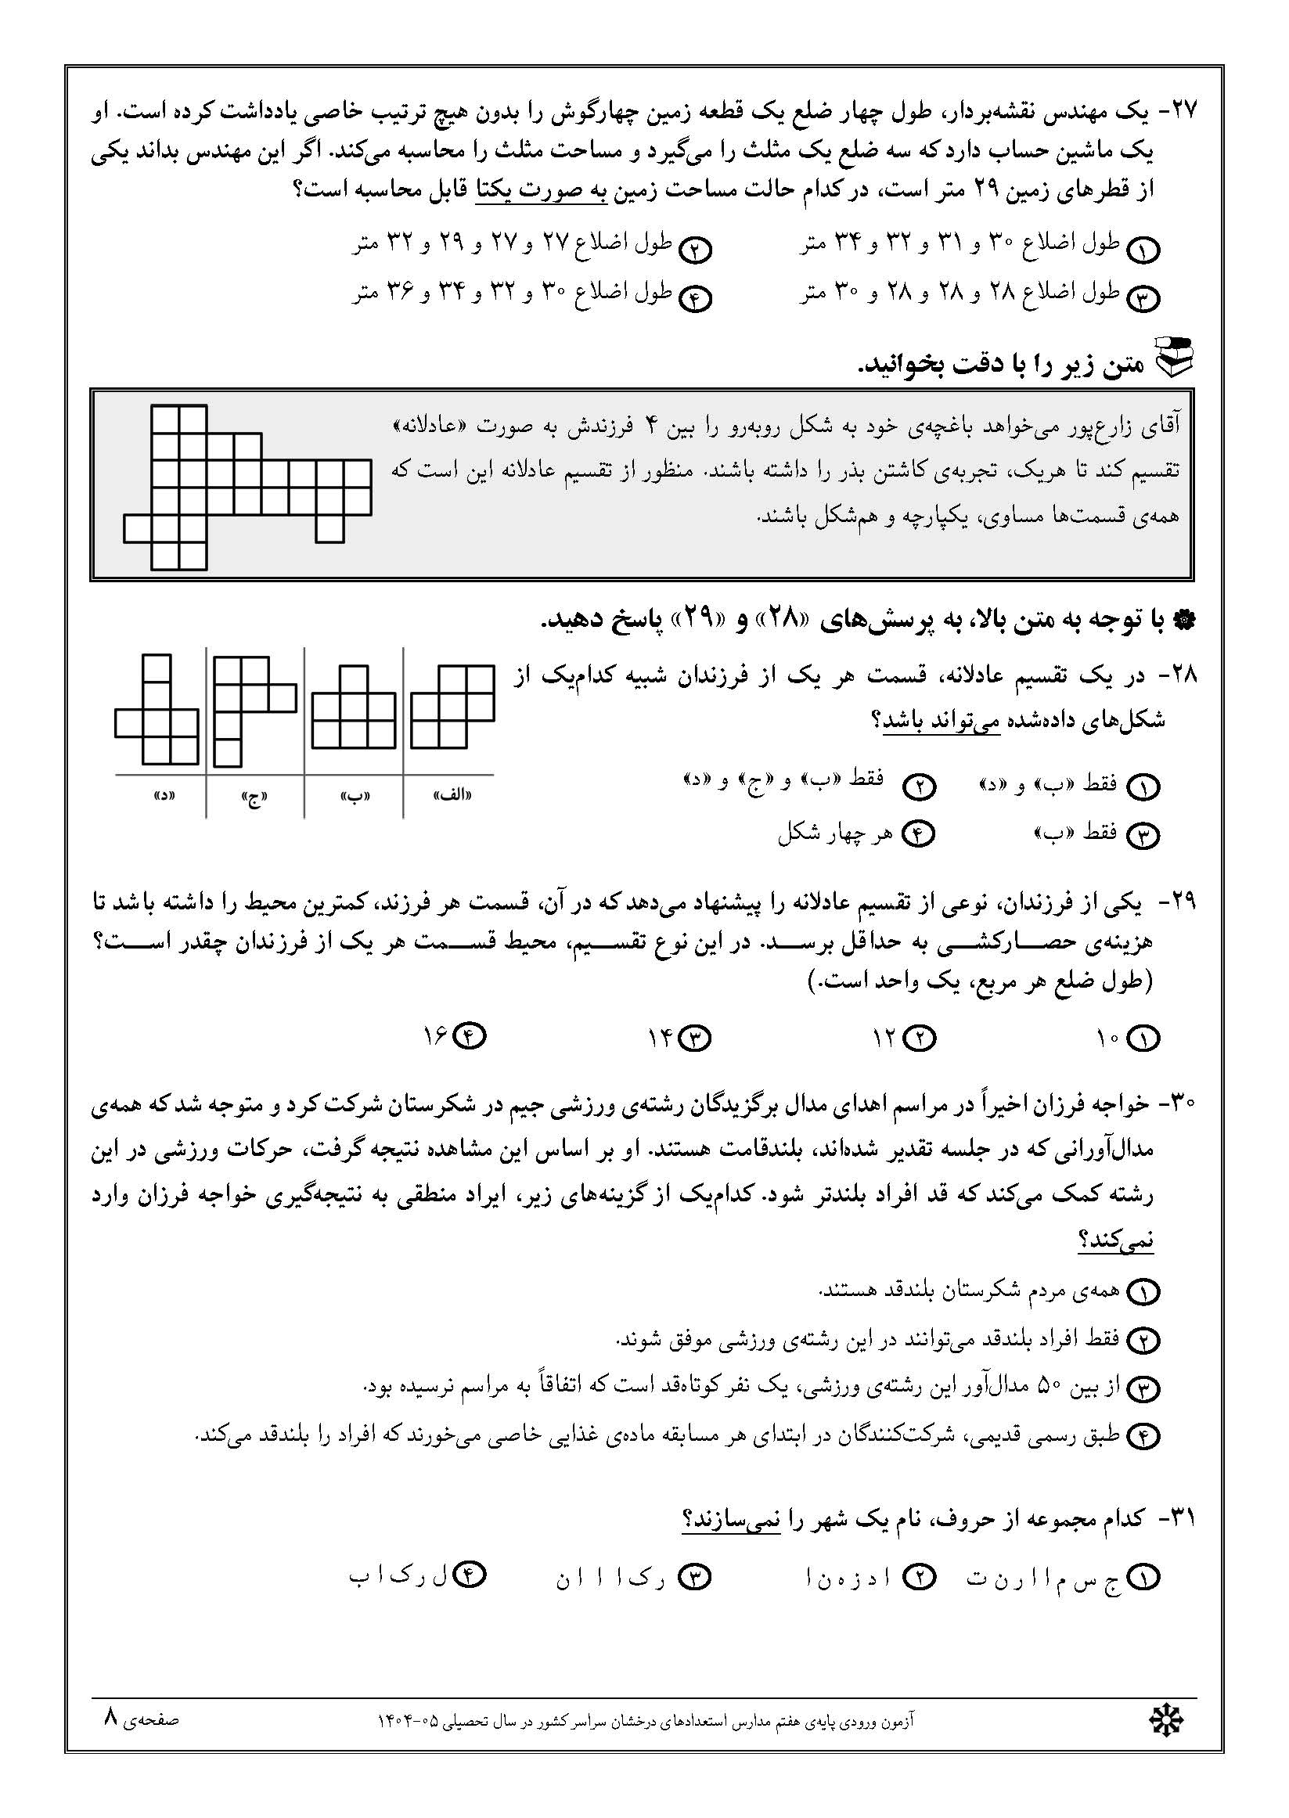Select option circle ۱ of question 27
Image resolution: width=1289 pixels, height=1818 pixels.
1143,250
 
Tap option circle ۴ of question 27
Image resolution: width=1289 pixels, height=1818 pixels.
697,299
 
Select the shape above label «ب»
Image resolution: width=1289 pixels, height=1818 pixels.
354,707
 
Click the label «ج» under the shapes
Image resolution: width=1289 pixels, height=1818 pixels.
254,797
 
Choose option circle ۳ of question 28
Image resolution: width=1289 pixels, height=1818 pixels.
1143,835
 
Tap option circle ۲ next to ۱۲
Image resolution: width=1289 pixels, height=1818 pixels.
920,1037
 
